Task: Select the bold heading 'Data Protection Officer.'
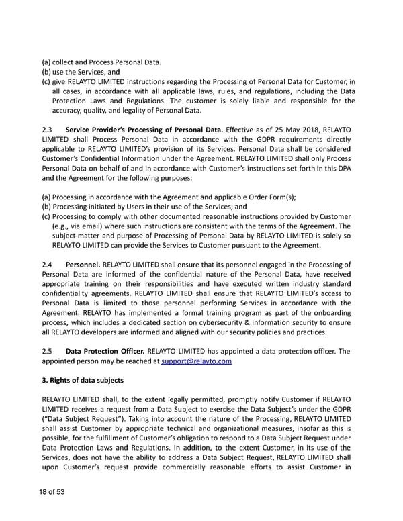(x=104, y=350)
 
